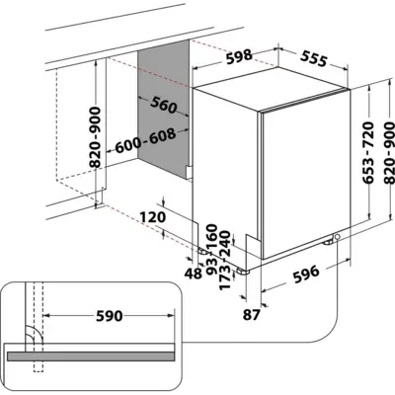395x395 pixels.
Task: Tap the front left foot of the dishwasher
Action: tap(244, 265)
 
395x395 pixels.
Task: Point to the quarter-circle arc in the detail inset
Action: tap(31, 336)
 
